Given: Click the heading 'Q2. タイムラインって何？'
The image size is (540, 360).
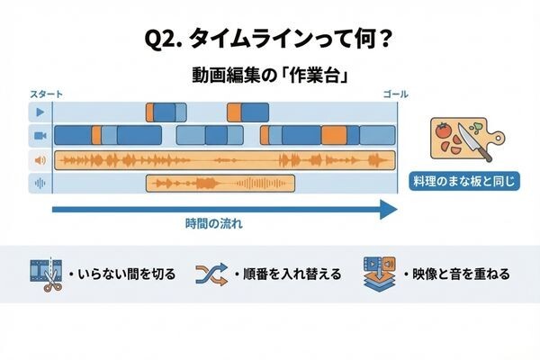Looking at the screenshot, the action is tap(268, 40).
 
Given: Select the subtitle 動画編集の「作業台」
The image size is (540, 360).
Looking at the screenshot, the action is tap(270, 75).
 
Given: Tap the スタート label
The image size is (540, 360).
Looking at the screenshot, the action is tap(46, 94).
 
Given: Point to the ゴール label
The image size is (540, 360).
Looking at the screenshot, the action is tap(396, 94).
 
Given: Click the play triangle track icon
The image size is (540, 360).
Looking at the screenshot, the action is tap(40, 112).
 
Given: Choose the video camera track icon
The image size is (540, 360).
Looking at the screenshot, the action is tap(40, 136).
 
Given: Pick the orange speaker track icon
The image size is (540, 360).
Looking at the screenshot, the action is tap(40, 160).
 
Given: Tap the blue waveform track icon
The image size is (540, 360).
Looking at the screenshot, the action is tap(40, 184).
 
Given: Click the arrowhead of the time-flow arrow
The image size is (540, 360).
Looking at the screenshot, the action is tap(389, 209).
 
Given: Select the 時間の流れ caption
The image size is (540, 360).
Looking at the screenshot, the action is tap(214, 224).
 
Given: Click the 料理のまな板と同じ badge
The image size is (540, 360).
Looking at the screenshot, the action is tap(463, 181).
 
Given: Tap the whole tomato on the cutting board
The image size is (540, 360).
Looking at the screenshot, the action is tap(442, 130).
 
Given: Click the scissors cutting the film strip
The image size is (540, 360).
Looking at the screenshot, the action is tap(52, 281).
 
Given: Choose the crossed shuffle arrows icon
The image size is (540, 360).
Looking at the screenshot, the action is tap(211, 274).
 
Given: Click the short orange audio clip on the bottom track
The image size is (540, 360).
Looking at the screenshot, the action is tap(220, 184).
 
